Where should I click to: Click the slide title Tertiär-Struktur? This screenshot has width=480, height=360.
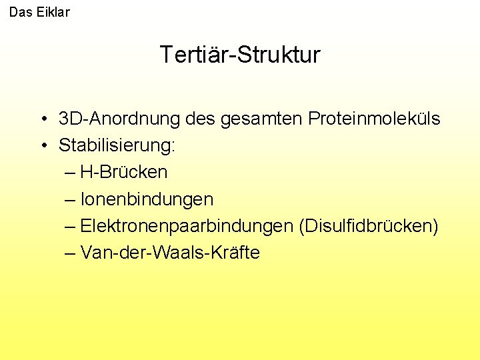(x=240, y=55)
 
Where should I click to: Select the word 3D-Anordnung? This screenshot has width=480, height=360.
(x=119, y=119)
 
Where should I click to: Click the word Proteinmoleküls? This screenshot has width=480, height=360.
(x=374, y=119)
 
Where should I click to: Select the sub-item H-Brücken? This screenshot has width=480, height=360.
(x=123, y=172)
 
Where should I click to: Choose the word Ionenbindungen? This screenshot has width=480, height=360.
(x=147, y=199)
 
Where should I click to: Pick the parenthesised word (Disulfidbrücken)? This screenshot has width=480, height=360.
(x=369, y=227)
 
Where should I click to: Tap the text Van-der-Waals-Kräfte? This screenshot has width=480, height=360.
(x=170, y=253)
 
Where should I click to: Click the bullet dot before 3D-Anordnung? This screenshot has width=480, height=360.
(x=42, y=120)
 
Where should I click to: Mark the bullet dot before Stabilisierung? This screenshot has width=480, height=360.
(x=42, y=146)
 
